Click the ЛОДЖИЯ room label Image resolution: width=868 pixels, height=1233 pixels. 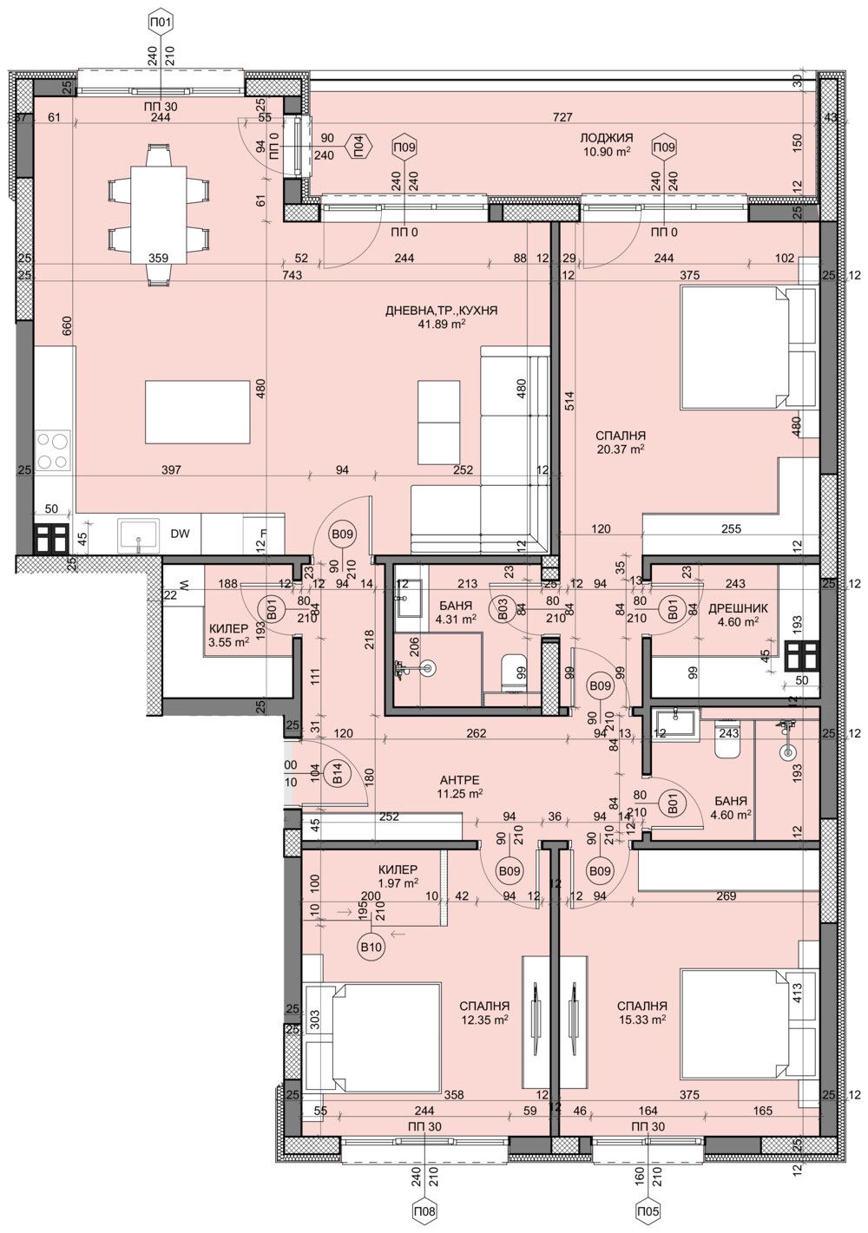[x=607, y=138]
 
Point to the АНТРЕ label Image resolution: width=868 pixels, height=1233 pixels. [x=460, y=780]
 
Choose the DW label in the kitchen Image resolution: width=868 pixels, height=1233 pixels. [x=180, y=535]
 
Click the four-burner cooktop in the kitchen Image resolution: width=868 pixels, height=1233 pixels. [x=52, y=451]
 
